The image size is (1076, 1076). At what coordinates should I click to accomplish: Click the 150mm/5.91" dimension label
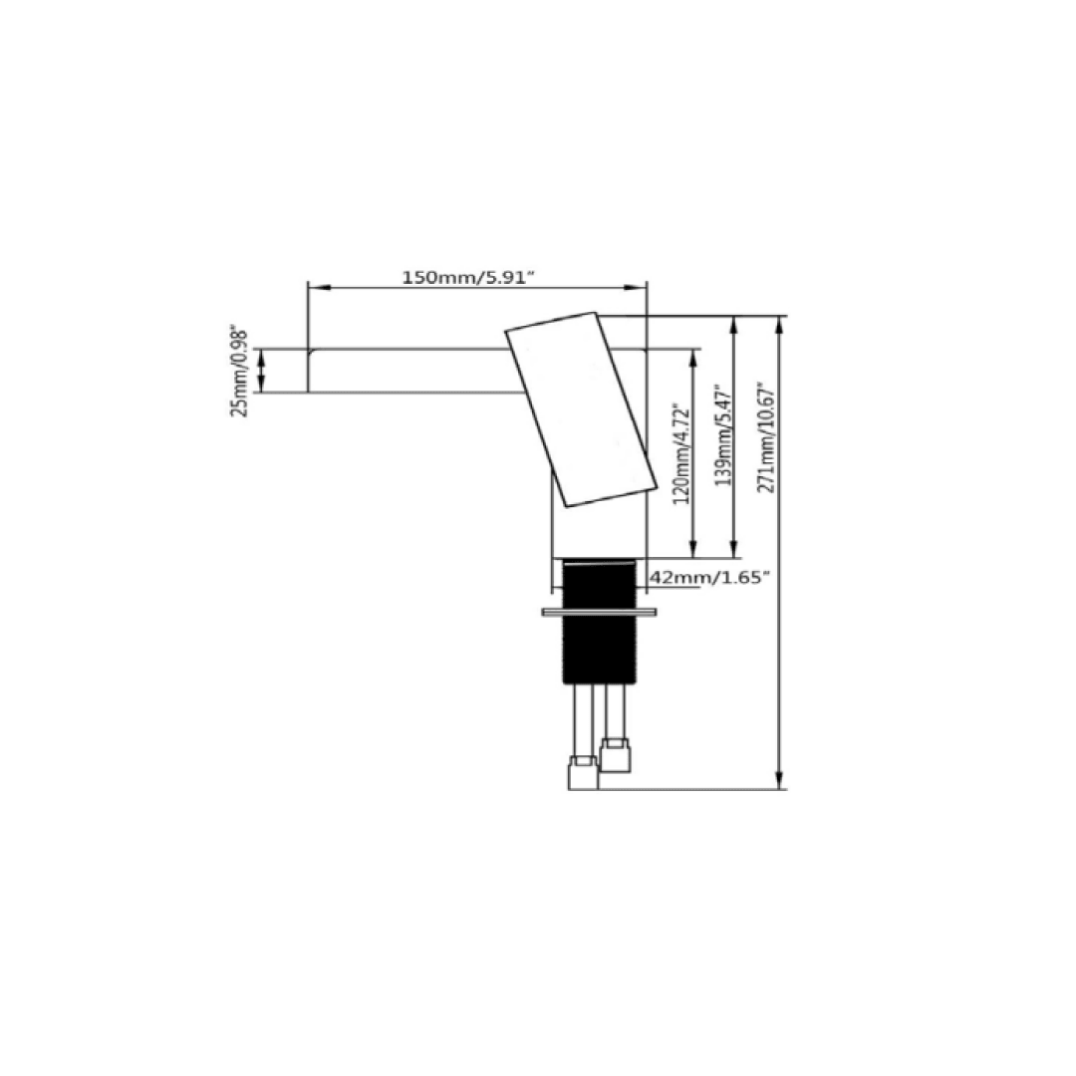tap(468, 277)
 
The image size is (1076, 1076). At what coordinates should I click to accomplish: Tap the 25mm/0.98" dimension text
tap(240, 371)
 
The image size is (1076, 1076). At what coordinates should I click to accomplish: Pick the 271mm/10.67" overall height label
tap(766, 438)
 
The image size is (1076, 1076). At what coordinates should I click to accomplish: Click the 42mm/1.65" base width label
tap(709, 578)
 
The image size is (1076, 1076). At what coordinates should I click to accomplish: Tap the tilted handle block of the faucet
tap(583, 408)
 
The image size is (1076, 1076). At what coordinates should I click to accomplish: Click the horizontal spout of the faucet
tap(408, 371)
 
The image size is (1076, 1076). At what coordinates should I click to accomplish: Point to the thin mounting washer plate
tap(600, 611)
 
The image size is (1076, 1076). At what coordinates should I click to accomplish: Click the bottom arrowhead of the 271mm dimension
tap(780, 781)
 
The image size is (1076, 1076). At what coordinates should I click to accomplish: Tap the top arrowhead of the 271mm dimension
tap(780, 325)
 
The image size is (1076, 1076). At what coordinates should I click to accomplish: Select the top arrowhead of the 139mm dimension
tap(735, 325)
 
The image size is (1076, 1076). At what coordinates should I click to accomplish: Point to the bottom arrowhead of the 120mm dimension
tap(693, 550)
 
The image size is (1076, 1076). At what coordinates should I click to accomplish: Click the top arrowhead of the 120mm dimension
tap(693, 357)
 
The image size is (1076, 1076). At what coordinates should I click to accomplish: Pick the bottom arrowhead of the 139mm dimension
tap(735, 550)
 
